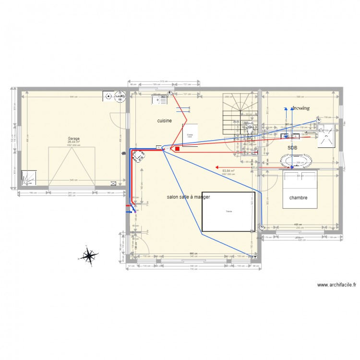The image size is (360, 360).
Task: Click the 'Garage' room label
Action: point(73,138)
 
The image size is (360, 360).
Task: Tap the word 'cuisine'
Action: point(165,121)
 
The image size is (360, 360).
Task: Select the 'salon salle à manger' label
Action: point(188,197)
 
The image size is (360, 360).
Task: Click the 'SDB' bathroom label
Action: point(292,148)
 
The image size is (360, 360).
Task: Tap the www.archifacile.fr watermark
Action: point(336,285)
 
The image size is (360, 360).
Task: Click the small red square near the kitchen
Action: point(177,149)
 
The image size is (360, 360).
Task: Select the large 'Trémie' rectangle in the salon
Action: point(228,211)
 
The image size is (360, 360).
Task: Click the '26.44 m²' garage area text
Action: point(73,142)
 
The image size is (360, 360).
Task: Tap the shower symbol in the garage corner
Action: point(28,178)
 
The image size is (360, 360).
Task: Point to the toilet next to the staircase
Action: point(250,128)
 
